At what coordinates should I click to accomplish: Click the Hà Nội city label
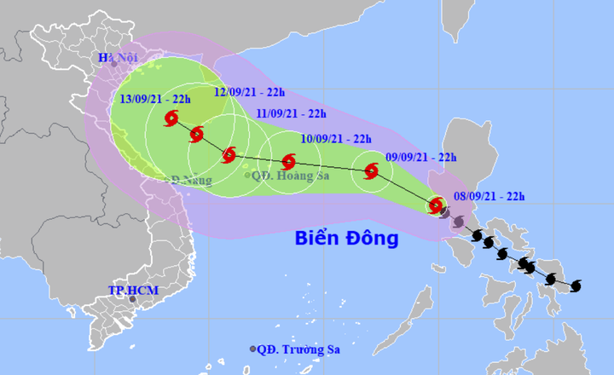point(116,58)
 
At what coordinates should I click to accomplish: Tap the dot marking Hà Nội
point(108,70)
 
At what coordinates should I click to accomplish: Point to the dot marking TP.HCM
point(132,299)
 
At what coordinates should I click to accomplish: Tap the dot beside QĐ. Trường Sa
point(252,349)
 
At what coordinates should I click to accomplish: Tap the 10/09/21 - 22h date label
point(336,139)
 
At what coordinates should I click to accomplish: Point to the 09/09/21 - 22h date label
point(421,157)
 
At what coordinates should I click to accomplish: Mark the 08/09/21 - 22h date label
point(489,196)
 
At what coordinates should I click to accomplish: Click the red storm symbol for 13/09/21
point(172,118)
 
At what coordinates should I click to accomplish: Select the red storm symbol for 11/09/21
point(229,154)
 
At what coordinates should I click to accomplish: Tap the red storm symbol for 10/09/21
point(288,160)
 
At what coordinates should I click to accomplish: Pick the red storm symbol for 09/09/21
point(371,170)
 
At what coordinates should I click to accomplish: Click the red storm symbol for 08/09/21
point(436,205)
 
